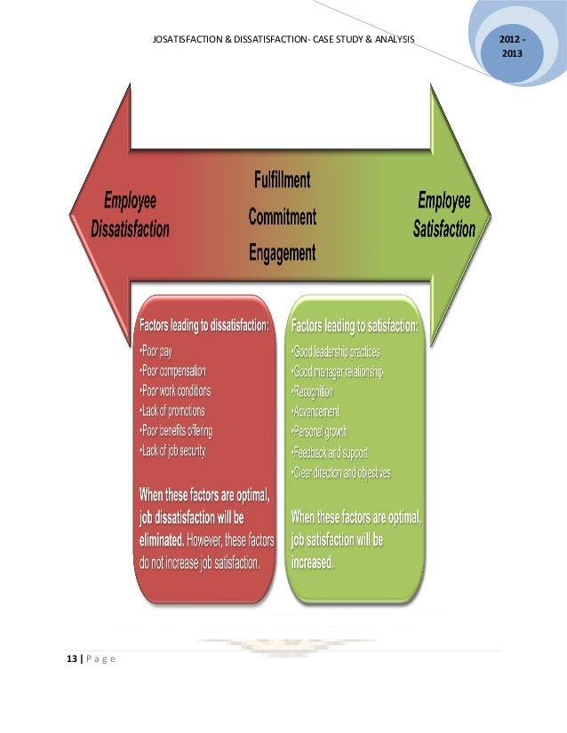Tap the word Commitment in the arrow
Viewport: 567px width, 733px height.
[281, 217]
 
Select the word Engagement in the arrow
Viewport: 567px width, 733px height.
[281, 253]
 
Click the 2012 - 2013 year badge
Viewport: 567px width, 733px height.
[511, 48]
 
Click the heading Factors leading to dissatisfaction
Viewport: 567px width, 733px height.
[204, 325]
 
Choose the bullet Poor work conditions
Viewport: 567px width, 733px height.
[175, 390]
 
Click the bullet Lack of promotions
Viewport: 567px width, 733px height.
[172, 410]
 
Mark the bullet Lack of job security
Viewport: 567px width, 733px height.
[172, 451]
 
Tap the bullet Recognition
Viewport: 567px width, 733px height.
[312, 391]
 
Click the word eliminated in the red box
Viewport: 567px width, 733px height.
[161, 539]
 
